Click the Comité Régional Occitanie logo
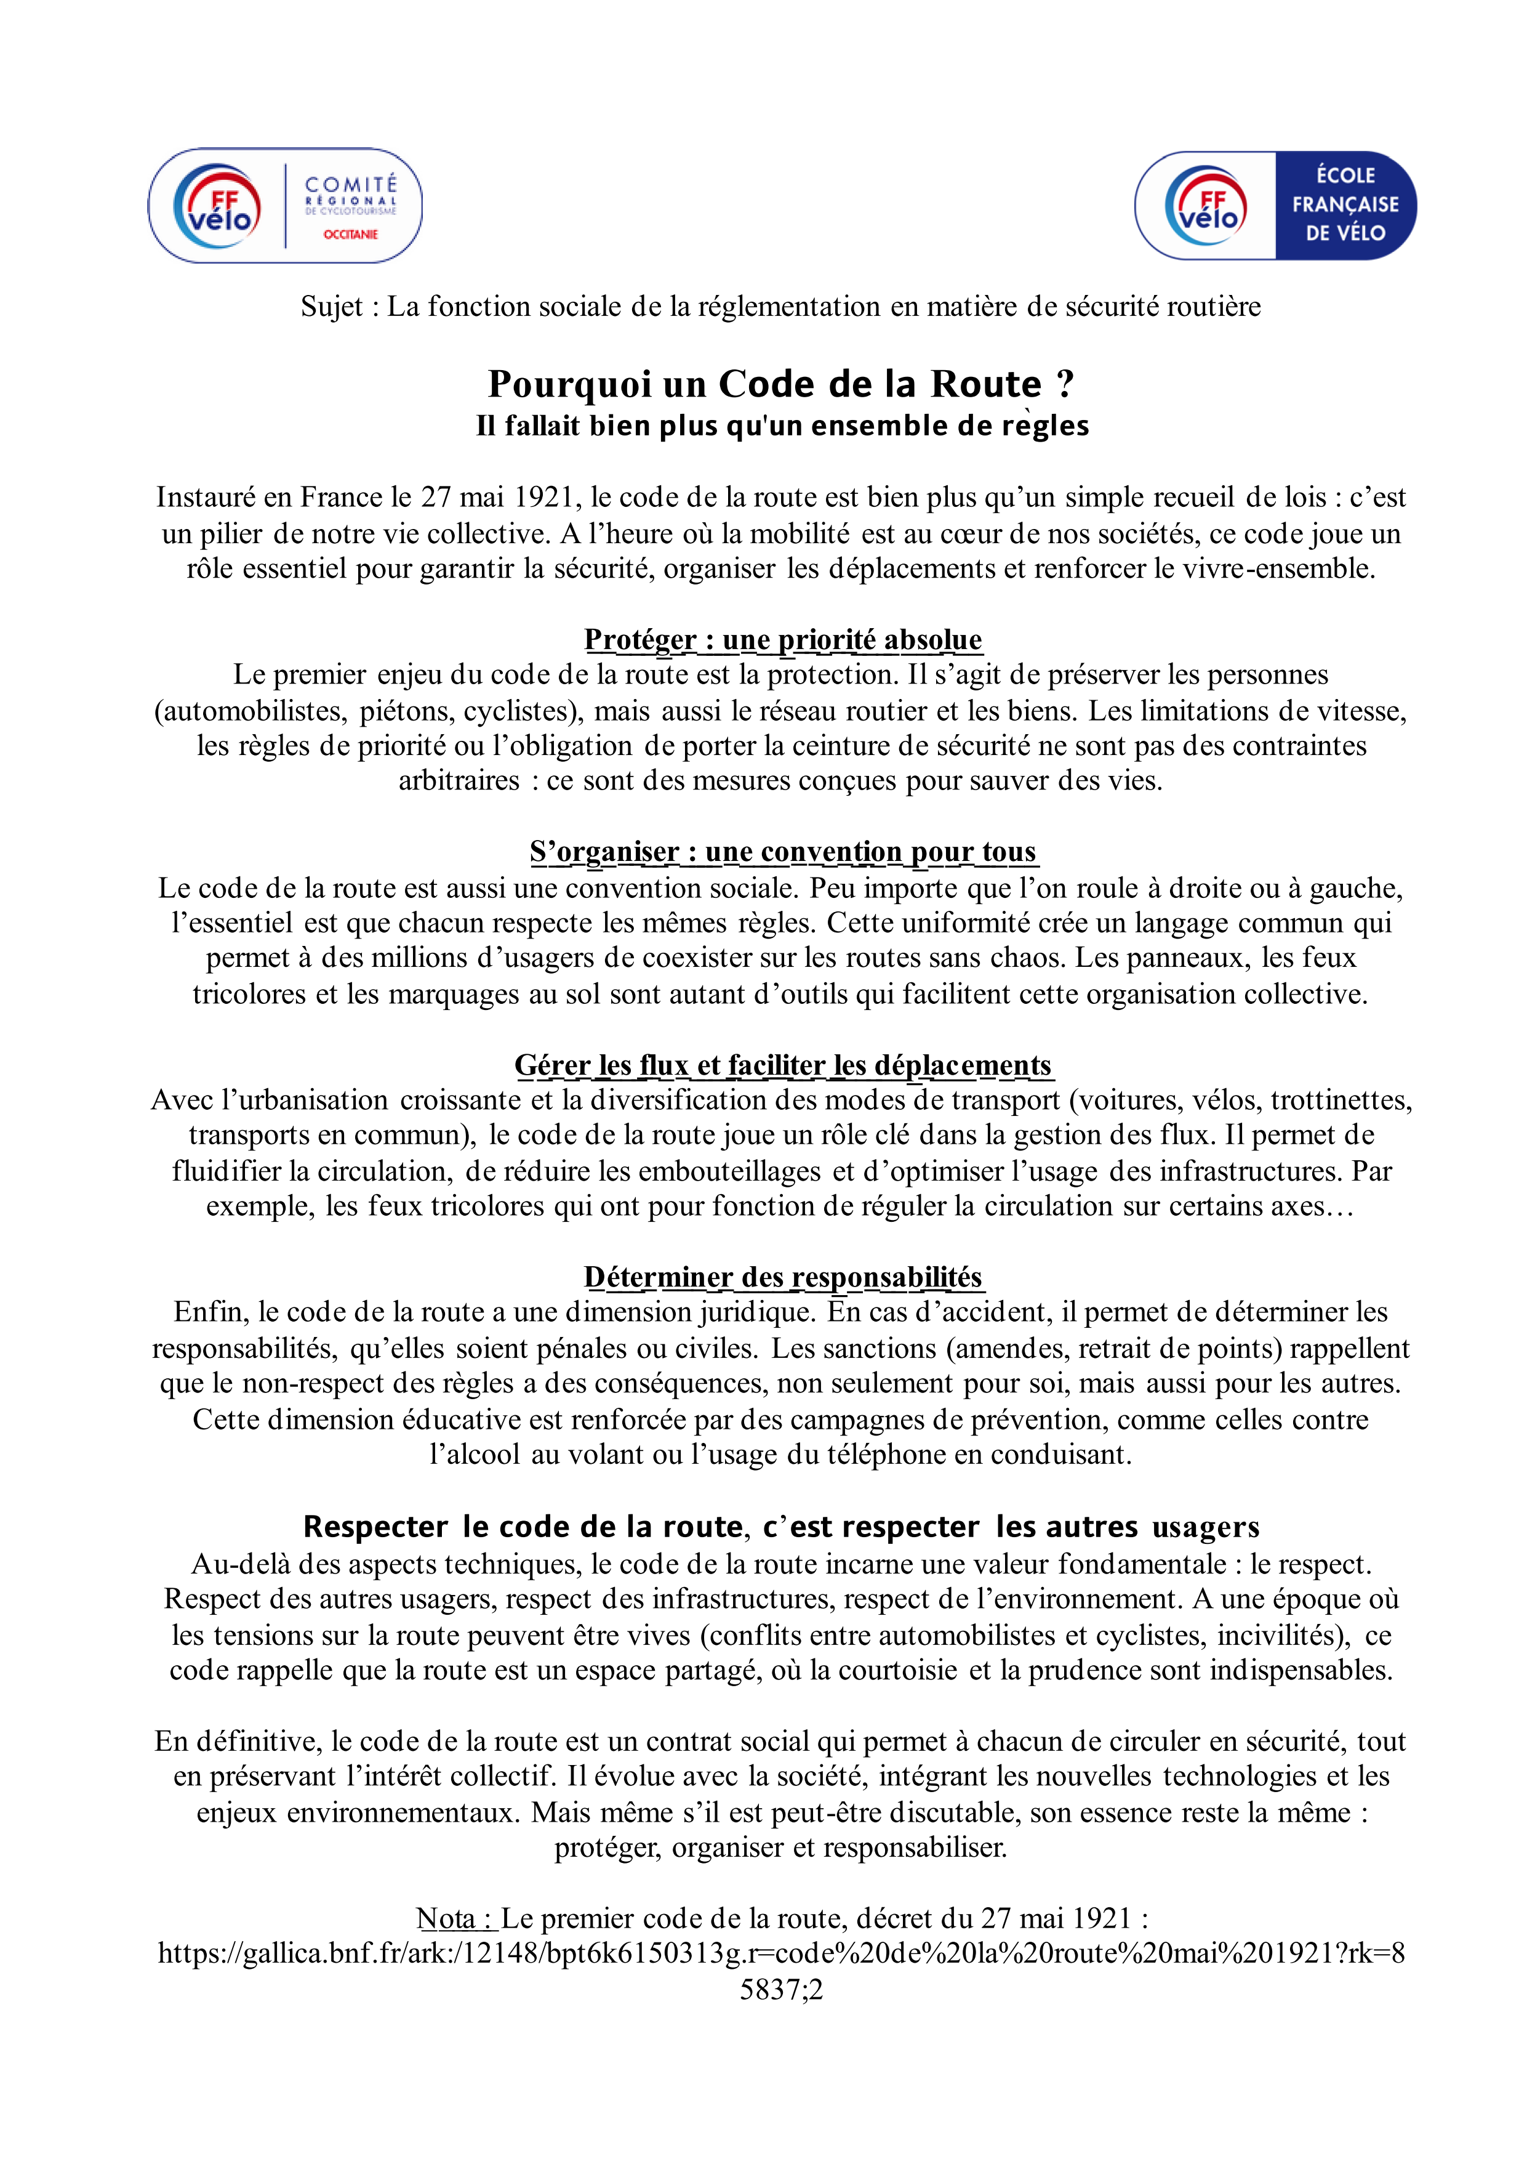click(284, 205)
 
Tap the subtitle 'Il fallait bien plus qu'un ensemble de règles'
click(782, 426)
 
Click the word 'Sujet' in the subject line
click(331, 307)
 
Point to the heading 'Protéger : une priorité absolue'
click(783, 639)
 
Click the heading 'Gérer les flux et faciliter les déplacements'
click(783, 1065)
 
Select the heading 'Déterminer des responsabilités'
click(783, 1277)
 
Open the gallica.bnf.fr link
click(781, 1954)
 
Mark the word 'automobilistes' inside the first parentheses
click(250, 711)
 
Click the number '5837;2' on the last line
click(781, 1990)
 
